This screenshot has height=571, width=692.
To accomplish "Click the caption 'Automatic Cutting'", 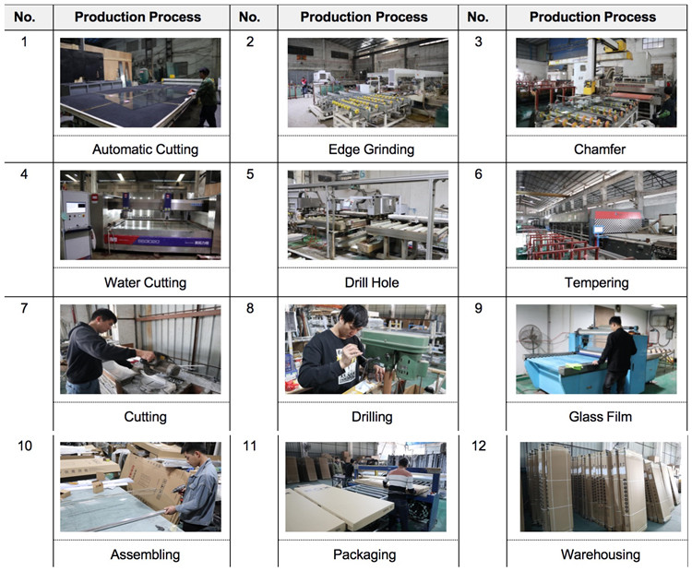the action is point(145,149).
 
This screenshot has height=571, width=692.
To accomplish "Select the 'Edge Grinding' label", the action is point(371,149).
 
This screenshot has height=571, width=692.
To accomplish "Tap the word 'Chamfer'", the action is point(600,149).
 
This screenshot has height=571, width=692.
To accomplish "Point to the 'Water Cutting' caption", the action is point(145,282).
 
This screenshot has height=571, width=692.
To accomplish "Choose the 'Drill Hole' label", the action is point(372,282).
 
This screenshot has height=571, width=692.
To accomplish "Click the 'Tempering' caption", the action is point(596,283).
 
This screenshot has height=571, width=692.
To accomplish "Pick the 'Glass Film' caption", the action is point(601,417).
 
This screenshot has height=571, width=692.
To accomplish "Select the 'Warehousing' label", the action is point(601,554).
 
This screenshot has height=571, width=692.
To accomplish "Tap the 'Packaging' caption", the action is point(364,554).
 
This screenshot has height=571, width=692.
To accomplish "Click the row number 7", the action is point(24,308).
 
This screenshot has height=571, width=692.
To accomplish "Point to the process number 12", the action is point(479,446).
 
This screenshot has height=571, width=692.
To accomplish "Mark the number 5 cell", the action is point(250,174).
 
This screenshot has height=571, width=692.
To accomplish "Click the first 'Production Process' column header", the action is point(137,18).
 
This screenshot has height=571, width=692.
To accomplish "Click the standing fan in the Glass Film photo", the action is point(530,339).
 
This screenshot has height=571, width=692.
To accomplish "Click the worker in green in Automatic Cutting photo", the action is point(205,98).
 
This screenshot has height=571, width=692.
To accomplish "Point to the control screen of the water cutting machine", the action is point(76,208).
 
